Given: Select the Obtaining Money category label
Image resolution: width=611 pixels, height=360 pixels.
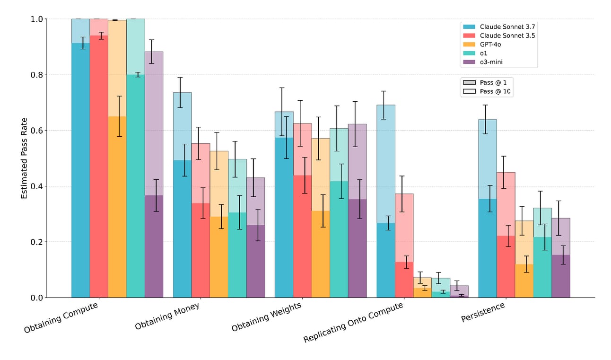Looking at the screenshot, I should point(167,316).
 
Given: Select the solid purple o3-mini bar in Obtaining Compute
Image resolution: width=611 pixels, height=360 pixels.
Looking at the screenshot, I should point(154,246).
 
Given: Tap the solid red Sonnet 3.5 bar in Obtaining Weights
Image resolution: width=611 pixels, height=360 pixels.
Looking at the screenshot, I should point(302,236).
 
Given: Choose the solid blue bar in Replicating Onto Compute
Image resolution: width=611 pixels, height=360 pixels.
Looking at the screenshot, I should point(385,260).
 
